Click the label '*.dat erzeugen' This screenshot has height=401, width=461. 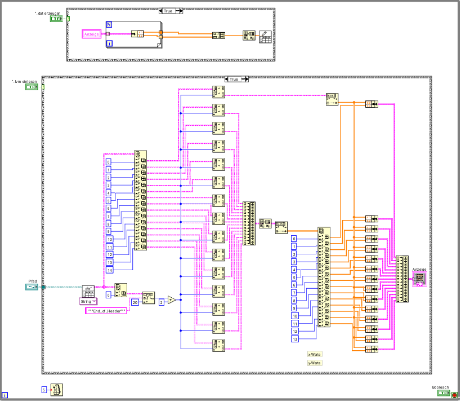tap(47, 12)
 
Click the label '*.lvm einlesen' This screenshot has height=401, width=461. tap(25, 81)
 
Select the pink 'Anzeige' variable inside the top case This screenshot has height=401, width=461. tap(91, 34)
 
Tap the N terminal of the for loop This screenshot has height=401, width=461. tap(109, 24)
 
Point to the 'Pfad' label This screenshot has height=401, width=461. tap(33, 280)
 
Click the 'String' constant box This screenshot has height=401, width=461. tap(86, 301)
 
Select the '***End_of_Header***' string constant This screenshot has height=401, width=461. tap(105, 310)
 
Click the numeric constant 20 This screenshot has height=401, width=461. tap(135, 302)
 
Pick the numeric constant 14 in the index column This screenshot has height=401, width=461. tap(109, 270)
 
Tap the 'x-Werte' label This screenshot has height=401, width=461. tap(314, 354)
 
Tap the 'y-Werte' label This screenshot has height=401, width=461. tap(314, 363)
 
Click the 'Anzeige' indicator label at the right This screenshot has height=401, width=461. tap(420, 270)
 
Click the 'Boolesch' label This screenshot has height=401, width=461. tap(440, 387)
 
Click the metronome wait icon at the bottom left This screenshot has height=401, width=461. tap(57, 390)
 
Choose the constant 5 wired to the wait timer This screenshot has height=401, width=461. tap(44, 390)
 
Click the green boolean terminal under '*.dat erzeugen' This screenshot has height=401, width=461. tap(57, 19)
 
